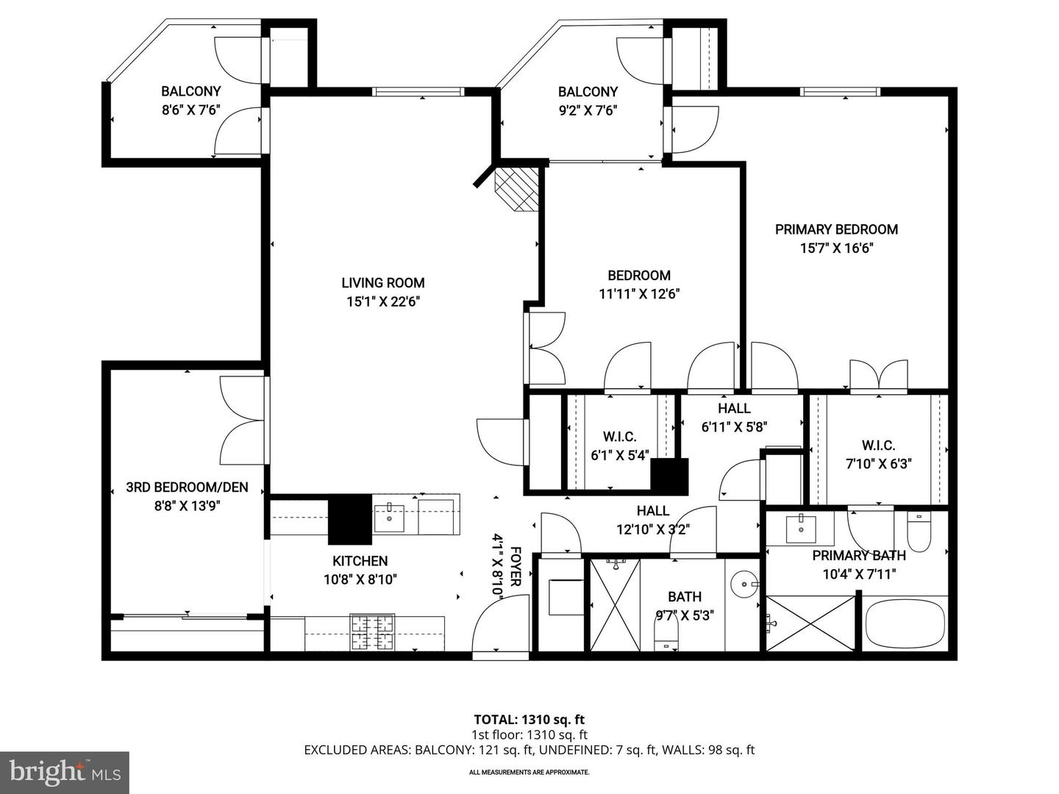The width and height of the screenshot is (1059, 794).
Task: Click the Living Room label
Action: [x=382, y=282]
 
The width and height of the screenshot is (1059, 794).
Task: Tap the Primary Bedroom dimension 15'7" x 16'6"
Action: [x=836, y=248]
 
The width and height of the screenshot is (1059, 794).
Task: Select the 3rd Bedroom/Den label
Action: [x=187, y=487]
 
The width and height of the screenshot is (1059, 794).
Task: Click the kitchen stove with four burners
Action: [x=373, y=631]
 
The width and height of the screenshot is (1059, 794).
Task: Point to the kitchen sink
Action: [x=388, y=518]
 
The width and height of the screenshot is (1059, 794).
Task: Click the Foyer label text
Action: [x=516, y=565]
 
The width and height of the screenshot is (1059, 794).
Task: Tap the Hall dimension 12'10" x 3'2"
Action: [x=652, y=529]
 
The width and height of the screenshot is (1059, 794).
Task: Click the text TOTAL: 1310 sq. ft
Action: [x=529, y=720]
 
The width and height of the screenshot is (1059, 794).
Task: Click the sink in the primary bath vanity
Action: [x=799, y=527]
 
